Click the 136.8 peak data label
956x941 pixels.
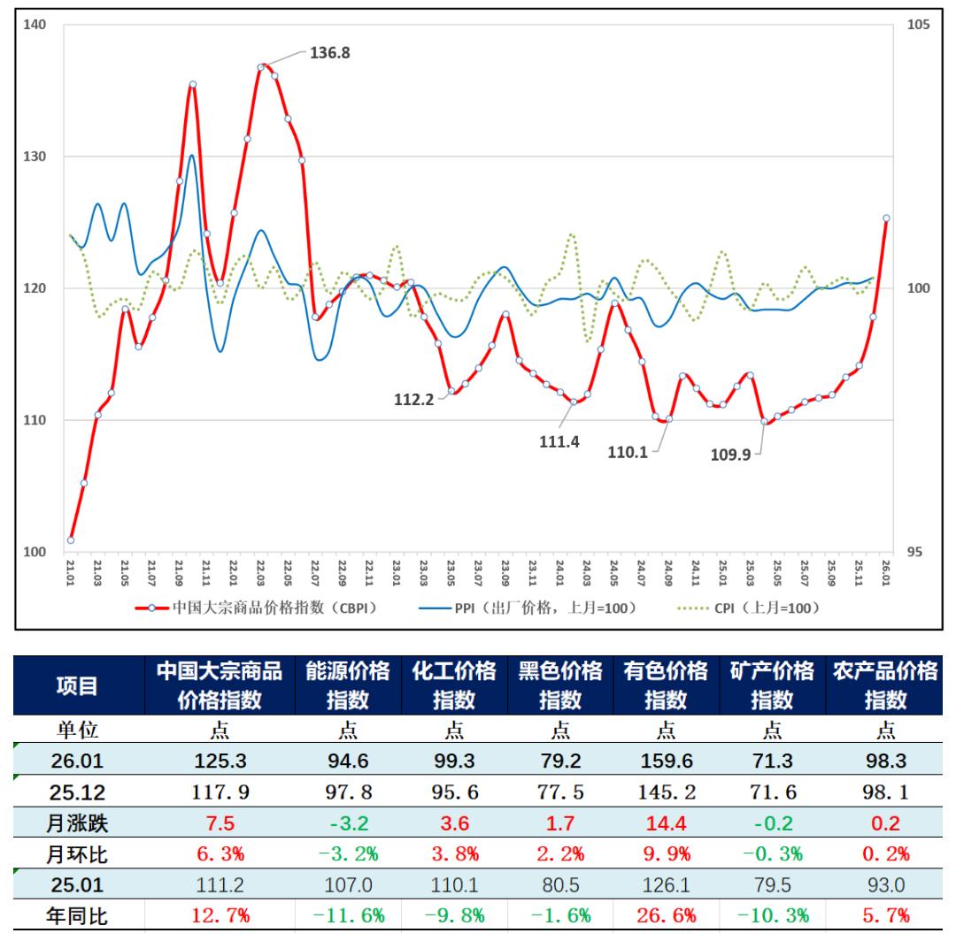point(329,53)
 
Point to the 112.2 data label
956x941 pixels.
point(413,399)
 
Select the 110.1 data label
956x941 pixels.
point(627,452)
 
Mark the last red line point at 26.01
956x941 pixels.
point(886,218)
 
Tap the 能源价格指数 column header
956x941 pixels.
point(347,685)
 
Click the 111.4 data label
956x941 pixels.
point(559,442)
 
